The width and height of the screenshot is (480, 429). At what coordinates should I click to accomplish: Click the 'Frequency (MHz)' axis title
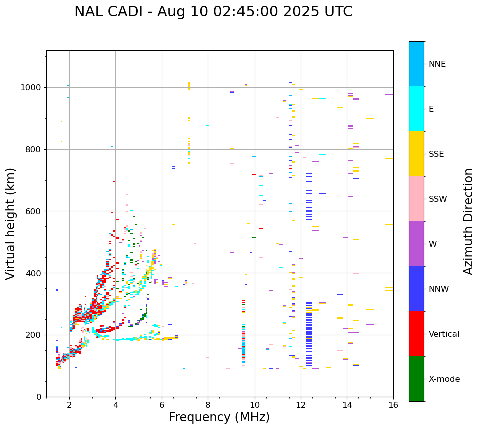tap(219, 417)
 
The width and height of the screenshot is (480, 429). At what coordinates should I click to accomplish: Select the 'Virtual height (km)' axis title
tap(11, 223)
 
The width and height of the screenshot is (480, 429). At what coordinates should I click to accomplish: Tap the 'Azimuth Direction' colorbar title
tap(468, 221)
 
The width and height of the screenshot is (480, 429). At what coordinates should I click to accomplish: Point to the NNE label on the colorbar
tap(437, 64)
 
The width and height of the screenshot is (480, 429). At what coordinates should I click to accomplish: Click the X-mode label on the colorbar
tap(444, 379)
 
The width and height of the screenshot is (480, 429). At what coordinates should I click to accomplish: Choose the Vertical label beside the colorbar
tap(444, 334)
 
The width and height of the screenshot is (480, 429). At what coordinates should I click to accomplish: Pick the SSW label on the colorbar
tap(438, 199)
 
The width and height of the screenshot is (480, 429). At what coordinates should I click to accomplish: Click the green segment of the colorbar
tap(416, 379)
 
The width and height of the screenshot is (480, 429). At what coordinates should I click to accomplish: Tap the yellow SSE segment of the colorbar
tap(416, 154)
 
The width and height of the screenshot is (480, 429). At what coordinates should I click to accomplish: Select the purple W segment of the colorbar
tap(416, 244)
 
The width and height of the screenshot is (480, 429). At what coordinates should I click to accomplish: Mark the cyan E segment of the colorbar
tap(416, 109)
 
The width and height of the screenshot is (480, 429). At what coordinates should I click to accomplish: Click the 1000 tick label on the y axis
tap(32, 88)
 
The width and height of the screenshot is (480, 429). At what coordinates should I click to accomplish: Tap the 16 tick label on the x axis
tap(393, 405)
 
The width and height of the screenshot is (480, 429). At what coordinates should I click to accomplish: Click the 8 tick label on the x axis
tap(208, 405)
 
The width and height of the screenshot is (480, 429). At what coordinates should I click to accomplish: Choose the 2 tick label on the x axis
tap(69, 405)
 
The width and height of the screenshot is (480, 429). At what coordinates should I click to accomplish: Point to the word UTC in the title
tap(338, 12)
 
